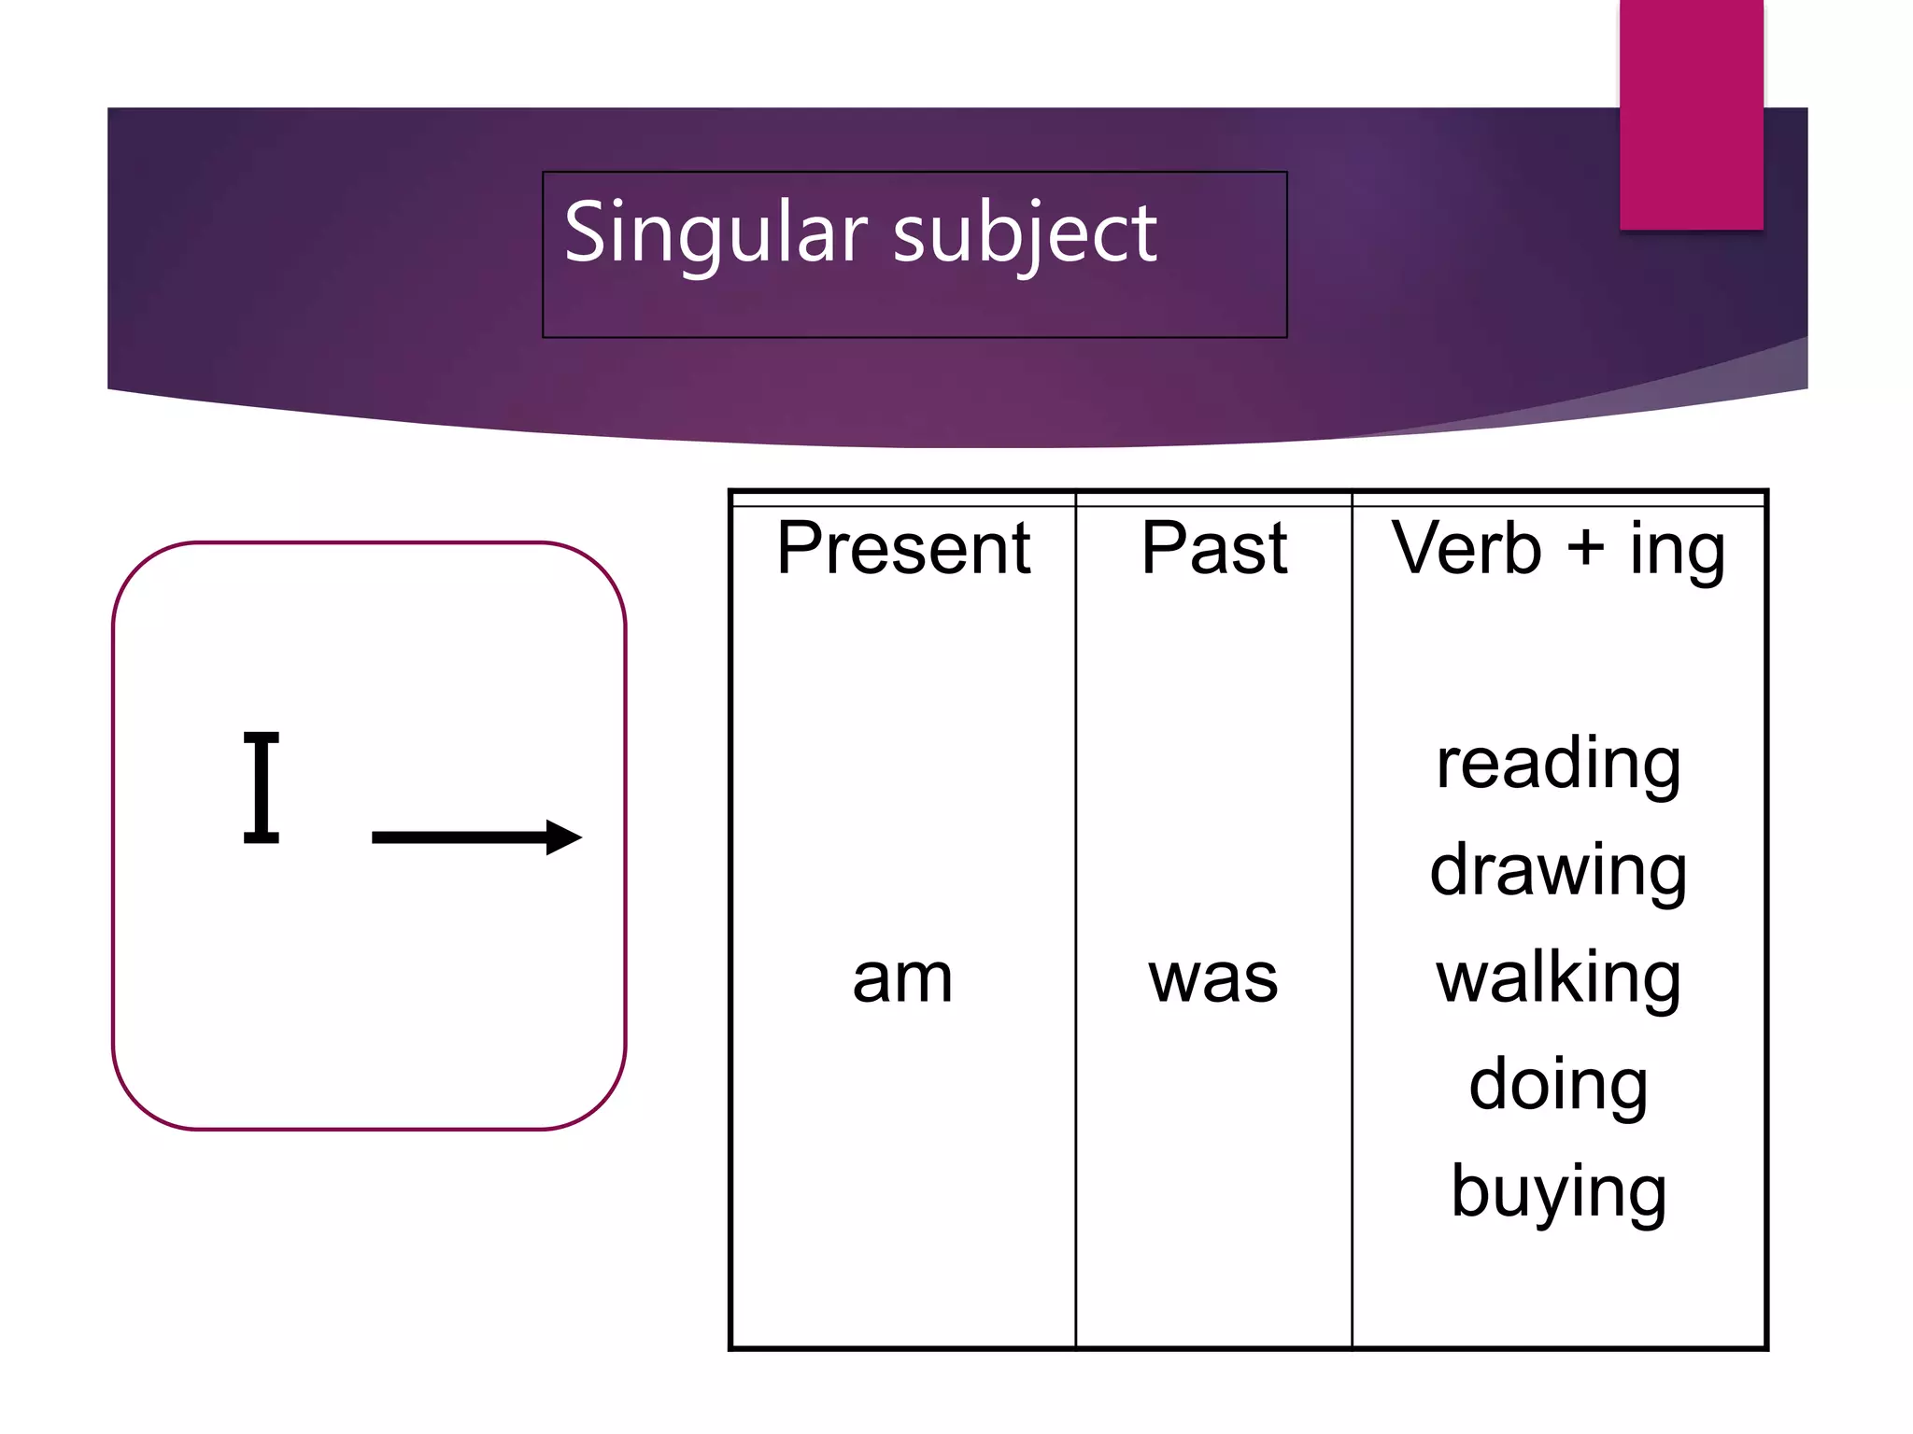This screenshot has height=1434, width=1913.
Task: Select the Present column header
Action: coord(903,549)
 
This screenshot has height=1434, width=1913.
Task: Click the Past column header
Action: coord(1213,549)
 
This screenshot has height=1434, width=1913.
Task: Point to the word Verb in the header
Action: coord(1466,549)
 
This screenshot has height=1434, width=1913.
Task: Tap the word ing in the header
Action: coord(1678,551)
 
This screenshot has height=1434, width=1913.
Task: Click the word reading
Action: coord(1558,766)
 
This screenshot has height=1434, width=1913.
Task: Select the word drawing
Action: coord(1558,872)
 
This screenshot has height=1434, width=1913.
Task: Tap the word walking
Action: coord(1558,978)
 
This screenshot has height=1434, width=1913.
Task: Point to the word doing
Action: coord(1558,1086)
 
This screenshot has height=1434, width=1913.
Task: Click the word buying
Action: coord(1558,1193)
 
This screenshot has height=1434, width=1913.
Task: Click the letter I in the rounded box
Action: coord(262,788)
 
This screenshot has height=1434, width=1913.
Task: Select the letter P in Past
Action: coord(1164,549)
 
